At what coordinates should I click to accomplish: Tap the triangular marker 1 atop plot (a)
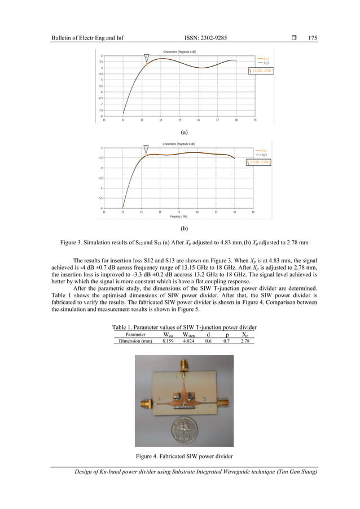147,57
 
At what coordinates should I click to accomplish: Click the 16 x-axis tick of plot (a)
198,120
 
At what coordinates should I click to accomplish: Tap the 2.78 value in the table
245,341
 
